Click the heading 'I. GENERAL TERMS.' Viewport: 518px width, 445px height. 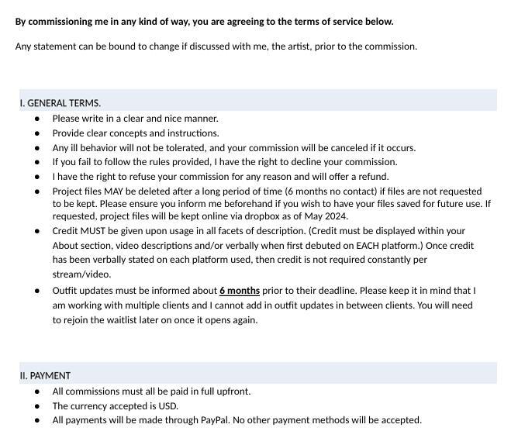pyautogui.click(x=60, y=103)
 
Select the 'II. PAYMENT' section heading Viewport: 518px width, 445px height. pyautogui.click(x=45, y=376)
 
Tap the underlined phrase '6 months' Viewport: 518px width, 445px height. pyautogui.click(x=240, y=291)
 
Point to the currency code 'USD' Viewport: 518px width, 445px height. pyautogui.click(x=167, y=406)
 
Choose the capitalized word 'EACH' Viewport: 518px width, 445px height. pyautogui.click(x=378, y=246)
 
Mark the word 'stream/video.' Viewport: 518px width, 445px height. pyautogui.click(x=81, y=274)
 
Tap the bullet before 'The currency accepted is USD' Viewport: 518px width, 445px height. pyautogui.click(x=37, y=406)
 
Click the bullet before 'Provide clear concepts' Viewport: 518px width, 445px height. pyautogui.click(x=37, y=133)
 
